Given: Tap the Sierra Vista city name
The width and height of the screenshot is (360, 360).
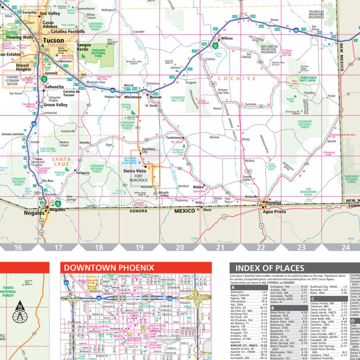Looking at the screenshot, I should pos(134,171).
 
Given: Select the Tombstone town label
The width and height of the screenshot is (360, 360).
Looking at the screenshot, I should pos(174,138).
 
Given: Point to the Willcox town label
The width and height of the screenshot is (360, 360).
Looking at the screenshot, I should pos(227,38).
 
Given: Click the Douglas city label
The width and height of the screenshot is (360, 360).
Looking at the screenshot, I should pos(274,203).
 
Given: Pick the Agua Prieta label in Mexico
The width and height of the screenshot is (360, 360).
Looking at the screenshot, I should pos(274,212).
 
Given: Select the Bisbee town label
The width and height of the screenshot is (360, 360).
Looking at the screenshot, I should pos(198,187).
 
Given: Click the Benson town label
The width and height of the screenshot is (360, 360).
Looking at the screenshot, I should pos(156,98).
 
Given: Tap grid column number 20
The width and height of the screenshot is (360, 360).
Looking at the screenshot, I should pos(180,247).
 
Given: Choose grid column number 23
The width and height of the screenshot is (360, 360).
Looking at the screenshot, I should pos(301,247).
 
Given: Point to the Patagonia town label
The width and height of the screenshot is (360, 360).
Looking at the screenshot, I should pos(83,173).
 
